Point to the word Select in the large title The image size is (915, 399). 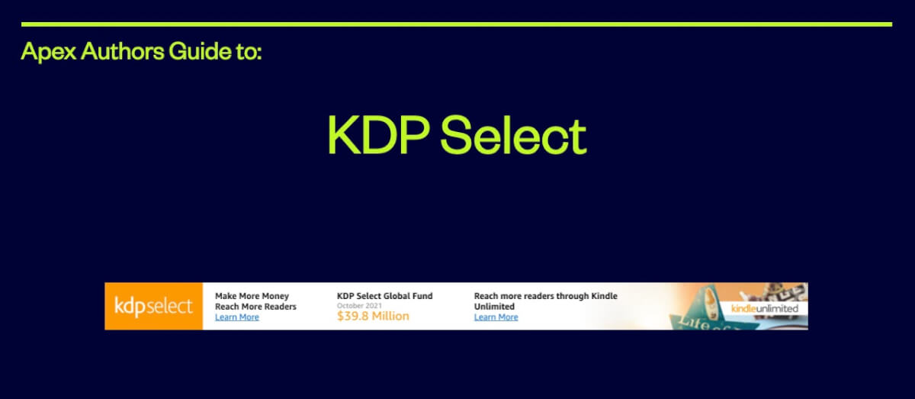[513, 136]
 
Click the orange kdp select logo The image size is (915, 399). [153, 306]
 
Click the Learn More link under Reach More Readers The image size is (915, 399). [236, 317]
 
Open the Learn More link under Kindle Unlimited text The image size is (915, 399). [496, 317]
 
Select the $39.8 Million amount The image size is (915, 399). [373, 317]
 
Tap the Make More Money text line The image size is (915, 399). [252, 296]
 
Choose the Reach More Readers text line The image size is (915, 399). [255, 307]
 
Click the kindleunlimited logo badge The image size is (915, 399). [764, 309]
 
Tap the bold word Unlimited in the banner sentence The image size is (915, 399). [494, 307]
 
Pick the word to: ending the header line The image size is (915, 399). [249, 52]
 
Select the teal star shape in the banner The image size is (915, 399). [690, 320]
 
